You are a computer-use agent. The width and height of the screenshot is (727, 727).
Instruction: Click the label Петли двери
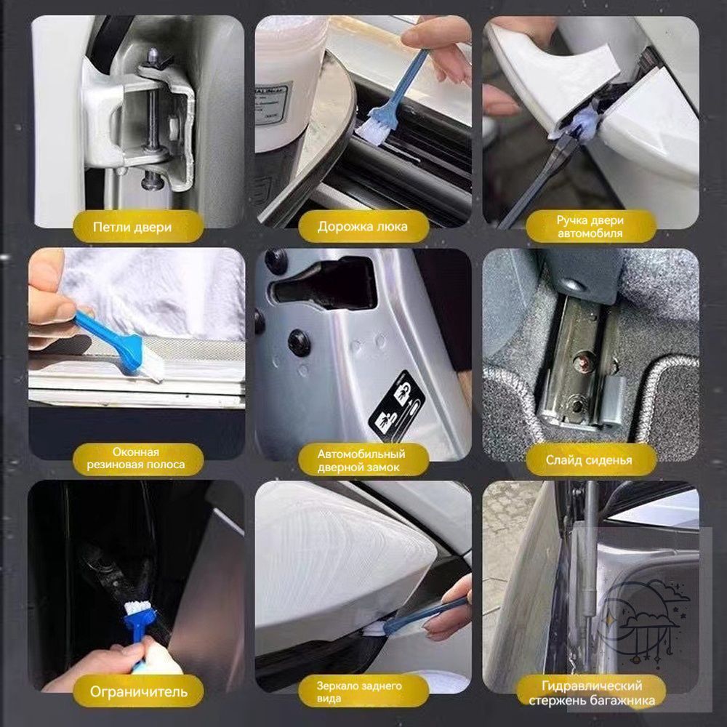(x=132, y=227)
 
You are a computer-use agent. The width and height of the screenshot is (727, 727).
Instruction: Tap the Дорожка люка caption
(x=362, y=227)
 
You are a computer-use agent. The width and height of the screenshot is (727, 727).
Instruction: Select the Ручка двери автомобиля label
(x=590, y=226)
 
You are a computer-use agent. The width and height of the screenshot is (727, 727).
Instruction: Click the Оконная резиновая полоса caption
(x=135, y=458)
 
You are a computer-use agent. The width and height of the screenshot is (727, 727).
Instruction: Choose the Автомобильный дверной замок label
(x=361, y=460)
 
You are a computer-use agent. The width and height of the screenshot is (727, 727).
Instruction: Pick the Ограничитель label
(x=138, y=692)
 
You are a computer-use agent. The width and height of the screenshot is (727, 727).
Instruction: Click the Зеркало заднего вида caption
(x=359, y=692)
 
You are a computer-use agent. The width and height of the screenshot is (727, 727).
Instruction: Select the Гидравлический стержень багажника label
(x=592, y=693)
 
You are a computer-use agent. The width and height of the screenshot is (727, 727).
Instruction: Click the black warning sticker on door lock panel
(x=396, y=406)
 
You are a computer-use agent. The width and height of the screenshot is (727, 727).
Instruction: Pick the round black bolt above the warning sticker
(x=299, y=343)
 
